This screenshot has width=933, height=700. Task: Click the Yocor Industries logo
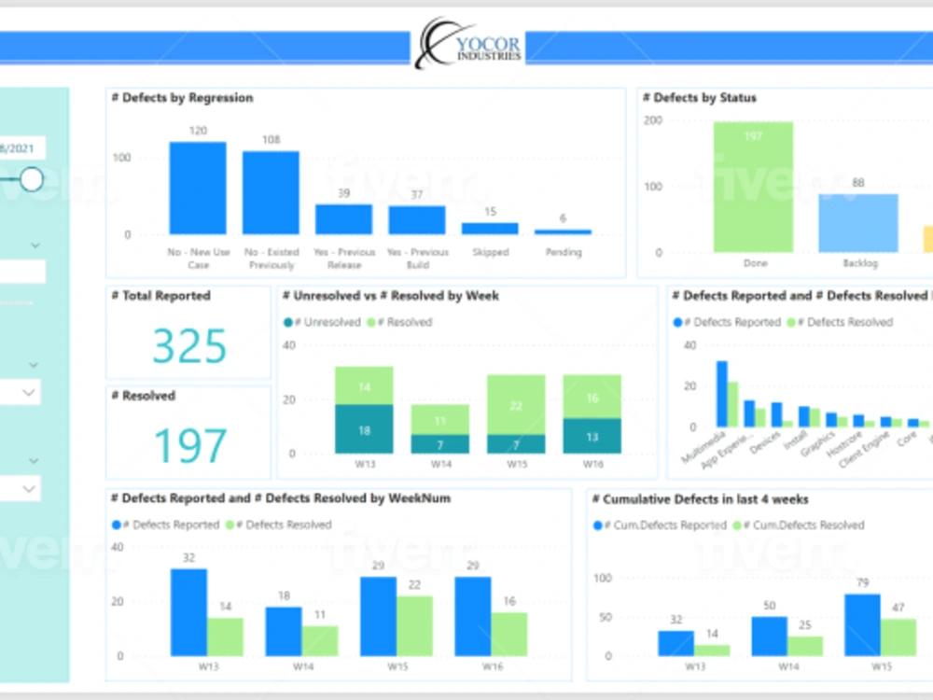tap(469, 44)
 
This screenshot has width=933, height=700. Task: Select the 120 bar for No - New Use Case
tap(197, 188)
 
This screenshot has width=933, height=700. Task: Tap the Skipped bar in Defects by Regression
tap(490, 228)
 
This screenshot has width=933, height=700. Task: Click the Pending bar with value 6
tap(563, 231)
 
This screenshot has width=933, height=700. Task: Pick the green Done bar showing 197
tap(753, 188)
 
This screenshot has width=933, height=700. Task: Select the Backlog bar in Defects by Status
tap(857, 223)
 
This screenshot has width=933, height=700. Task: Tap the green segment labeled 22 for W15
tap(516, 405)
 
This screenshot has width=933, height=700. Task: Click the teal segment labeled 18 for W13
tap(364, 429)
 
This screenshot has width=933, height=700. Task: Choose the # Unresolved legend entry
tap(322, 322)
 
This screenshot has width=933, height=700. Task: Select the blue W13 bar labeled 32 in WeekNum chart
tap(188, 612)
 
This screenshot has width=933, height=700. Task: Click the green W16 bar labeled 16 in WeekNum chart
tap(509, 634)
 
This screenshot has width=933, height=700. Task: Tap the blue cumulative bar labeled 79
tap(862, 625)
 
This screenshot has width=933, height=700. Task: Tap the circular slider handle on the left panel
tap(32, 179)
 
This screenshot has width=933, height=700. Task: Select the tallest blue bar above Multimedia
tap(721, 394)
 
